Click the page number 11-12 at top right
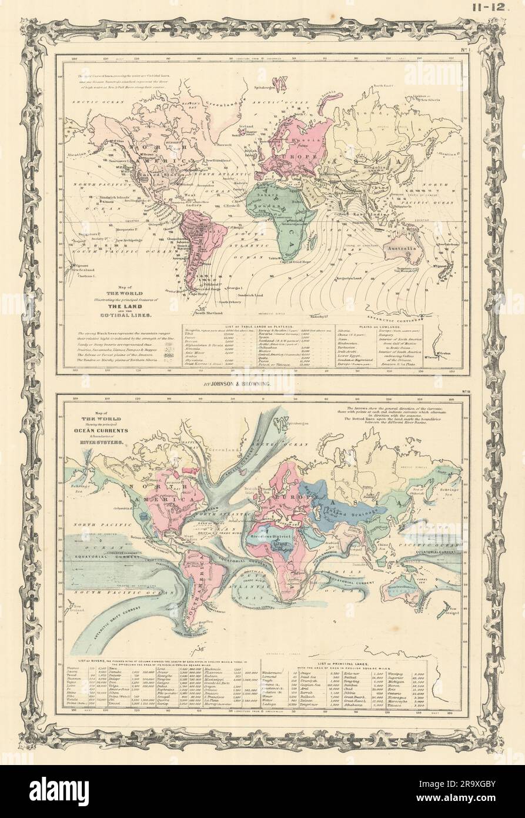[497, 8]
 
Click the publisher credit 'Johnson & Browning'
[262, 383]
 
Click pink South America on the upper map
[197, 235]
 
